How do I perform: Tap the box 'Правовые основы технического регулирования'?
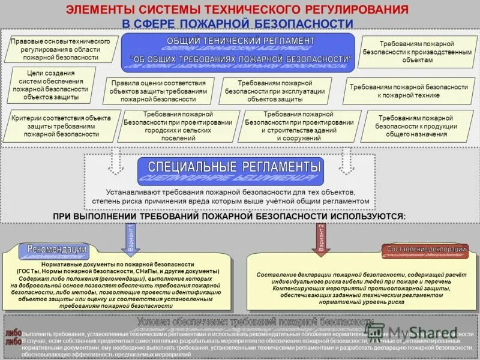[61, 49]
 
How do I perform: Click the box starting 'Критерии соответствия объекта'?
[61, 126]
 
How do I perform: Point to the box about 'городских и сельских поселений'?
[178, 126]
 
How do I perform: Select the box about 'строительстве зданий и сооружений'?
[299, 126]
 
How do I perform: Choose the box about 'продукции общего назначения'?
[415, 126]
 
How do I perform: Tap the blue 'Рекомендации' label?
[56, 250]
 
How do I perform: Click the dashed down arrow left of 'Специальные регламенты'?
[118, 161]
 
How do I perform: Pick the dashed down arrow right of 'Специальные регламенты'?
[347, 161]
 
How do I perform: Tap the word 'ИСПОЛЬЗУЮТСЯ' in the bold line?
[367, 215]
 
